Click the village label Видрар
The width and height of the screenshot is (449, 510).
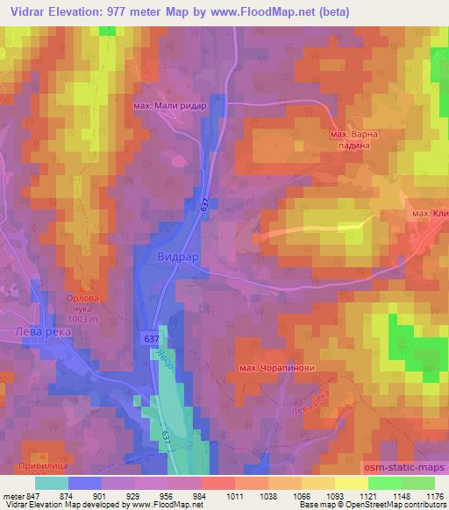tap(182, 258)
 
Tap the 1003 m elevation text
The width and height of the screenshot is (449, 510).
tap(85, 321)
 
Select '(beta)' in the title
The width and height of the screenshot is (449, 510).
tap(367, 11)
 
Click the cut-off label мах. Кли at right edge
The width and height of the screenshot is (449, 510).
tap(430, 214)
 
